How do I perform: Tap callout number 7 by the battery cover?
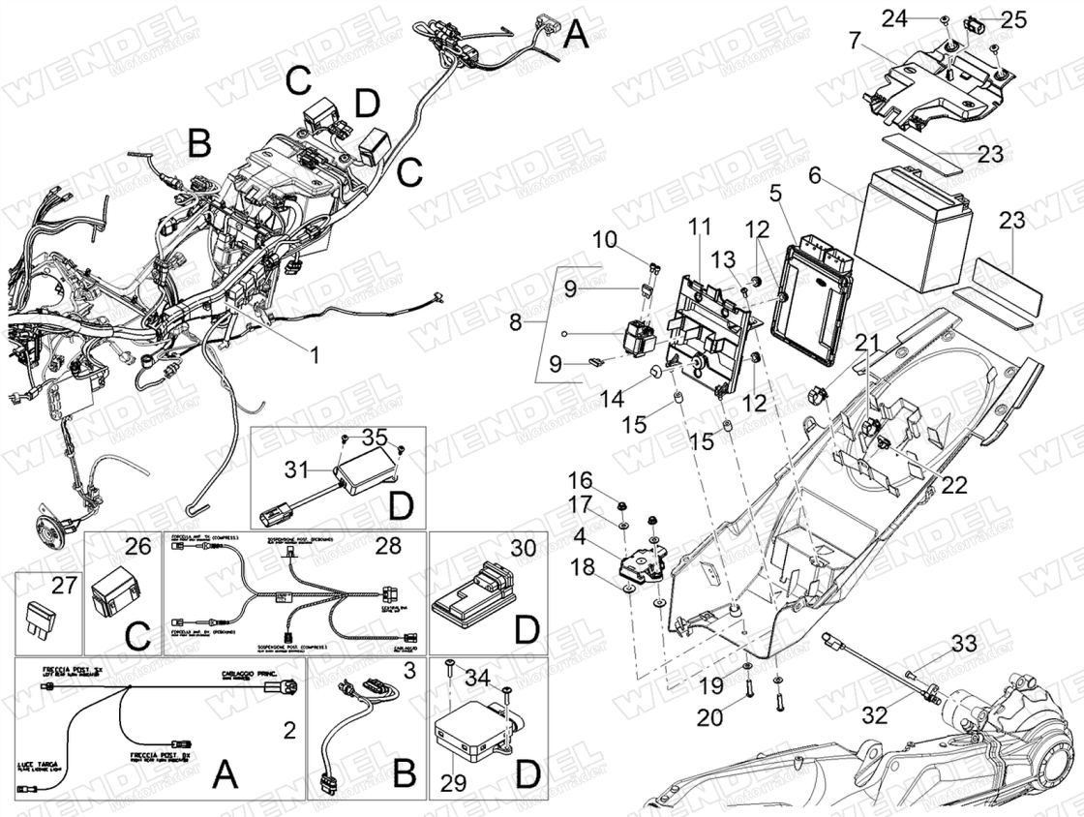[x=854, y=41]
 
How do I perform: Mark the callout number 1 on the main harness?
[x=314, y=355]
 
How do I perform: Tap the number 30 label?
[x=523, y=547]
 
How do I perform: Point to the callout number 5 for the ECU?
[x=776, y=192]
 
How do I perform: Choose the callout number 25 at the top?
[x=1012, y=18]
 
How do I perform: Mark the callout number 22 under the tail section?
[x=953, y=485]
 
